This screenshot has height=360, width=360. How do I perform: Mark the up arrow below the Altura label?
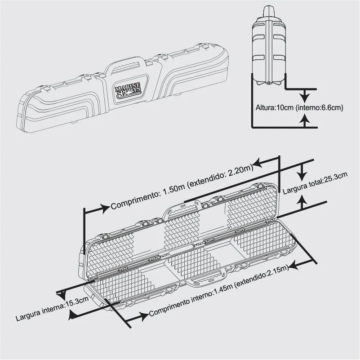point(305,119)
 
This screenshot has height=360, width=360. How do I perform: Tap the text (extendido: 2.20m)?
point(220,175)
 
